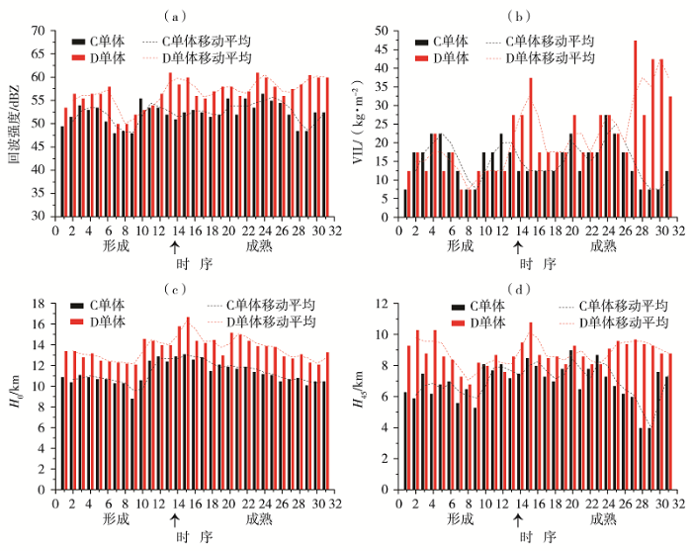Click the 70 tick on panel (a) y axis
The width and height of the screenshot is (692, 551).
tap(40, 31)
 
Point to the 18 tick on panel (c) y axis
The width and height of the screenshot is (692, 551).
tap(40, 303)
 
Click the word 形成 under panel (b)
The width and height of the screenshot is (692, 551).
tap(461, 244)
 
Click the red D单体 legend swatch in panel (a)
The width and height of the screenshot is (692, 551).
tap(78, 58)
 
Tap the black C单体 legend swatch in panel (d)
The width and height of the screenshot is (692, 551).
tap(456, 309)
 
